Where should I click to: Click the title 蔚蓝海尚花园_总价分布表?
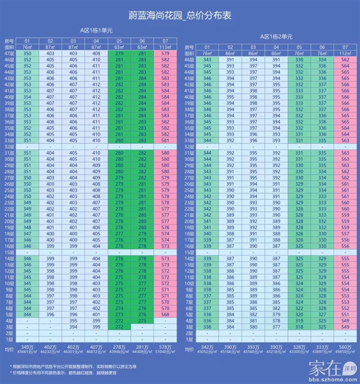(179, 16)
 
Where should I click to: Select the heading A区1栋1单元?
(96, 30)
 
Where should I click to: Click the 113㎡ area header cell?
(165, 47)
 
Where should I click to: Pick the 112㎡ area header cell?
(344, 53)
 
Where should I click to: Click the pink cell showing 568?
(165, 315)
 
